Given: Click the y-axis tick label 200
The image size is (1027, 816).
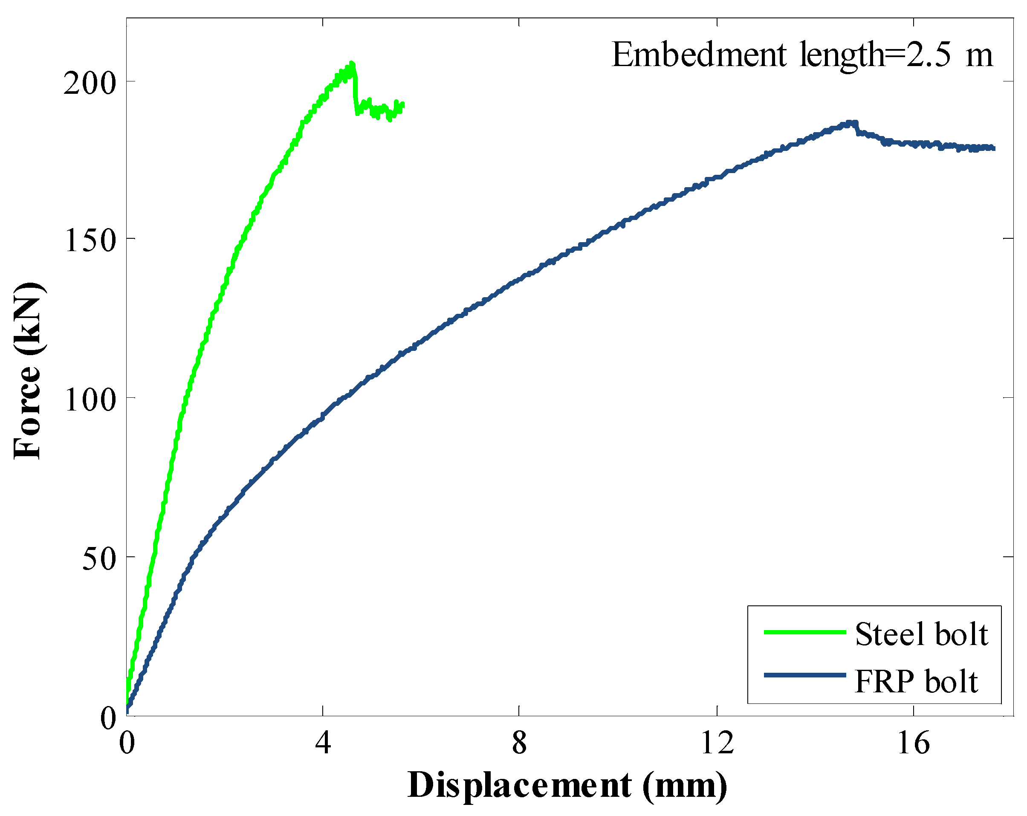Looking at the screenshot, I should tap(90, 84).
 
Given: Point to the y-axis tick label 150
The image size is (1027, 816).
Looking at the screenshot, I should tap(90, 240).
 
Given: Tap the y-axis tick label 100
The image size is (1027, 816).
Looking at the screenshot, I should tap(90, 399).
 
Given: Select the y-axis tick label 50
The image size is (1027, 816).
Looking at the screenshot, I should tap(98, 559).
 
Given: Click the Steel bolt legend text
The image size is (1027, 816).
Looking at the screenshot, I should tap(921, 634).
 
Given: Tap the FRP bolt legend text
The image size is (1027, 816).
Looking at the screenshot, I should tap(916, 682).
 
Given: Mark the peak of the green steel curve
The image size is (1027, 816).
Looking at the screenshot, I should tap(352, 64).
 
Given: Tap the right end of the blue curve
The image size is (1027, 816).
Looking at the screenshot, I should tap(994, 148).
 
